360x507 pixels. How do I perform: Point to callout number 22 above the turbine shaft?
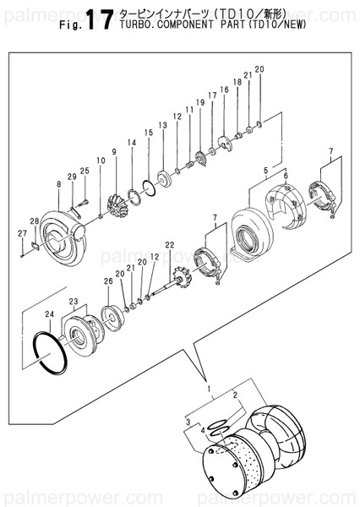(x=169, y=245)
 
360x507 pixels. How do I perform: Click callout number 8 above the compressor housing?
(x=58, y=183)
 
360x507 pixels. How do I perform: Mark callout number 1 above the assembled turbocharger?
(x=208, y=388)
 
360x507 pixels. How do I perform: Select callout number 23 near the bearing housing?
(x=74, y=301)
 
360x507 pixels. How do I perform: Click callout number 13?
(x=162, y=125)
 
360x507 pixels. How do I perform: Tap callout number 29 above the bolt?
(x=72, y=176)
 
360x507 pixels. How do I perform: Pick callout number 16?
(x=224, y=90)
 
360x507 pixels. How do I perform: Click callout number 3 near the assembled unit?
(x=186, y=419)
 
